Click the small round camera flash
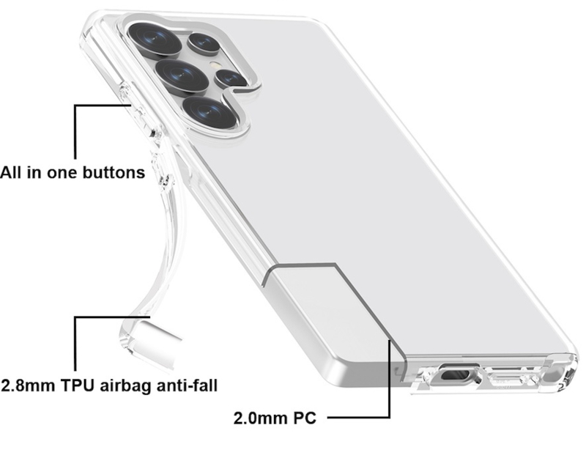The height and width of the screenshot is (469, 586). pyautogui.click(x=215, y=64)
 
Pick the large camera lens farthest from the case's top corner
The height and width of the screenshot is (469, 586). pyautogui.click(x=210, y=111)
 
